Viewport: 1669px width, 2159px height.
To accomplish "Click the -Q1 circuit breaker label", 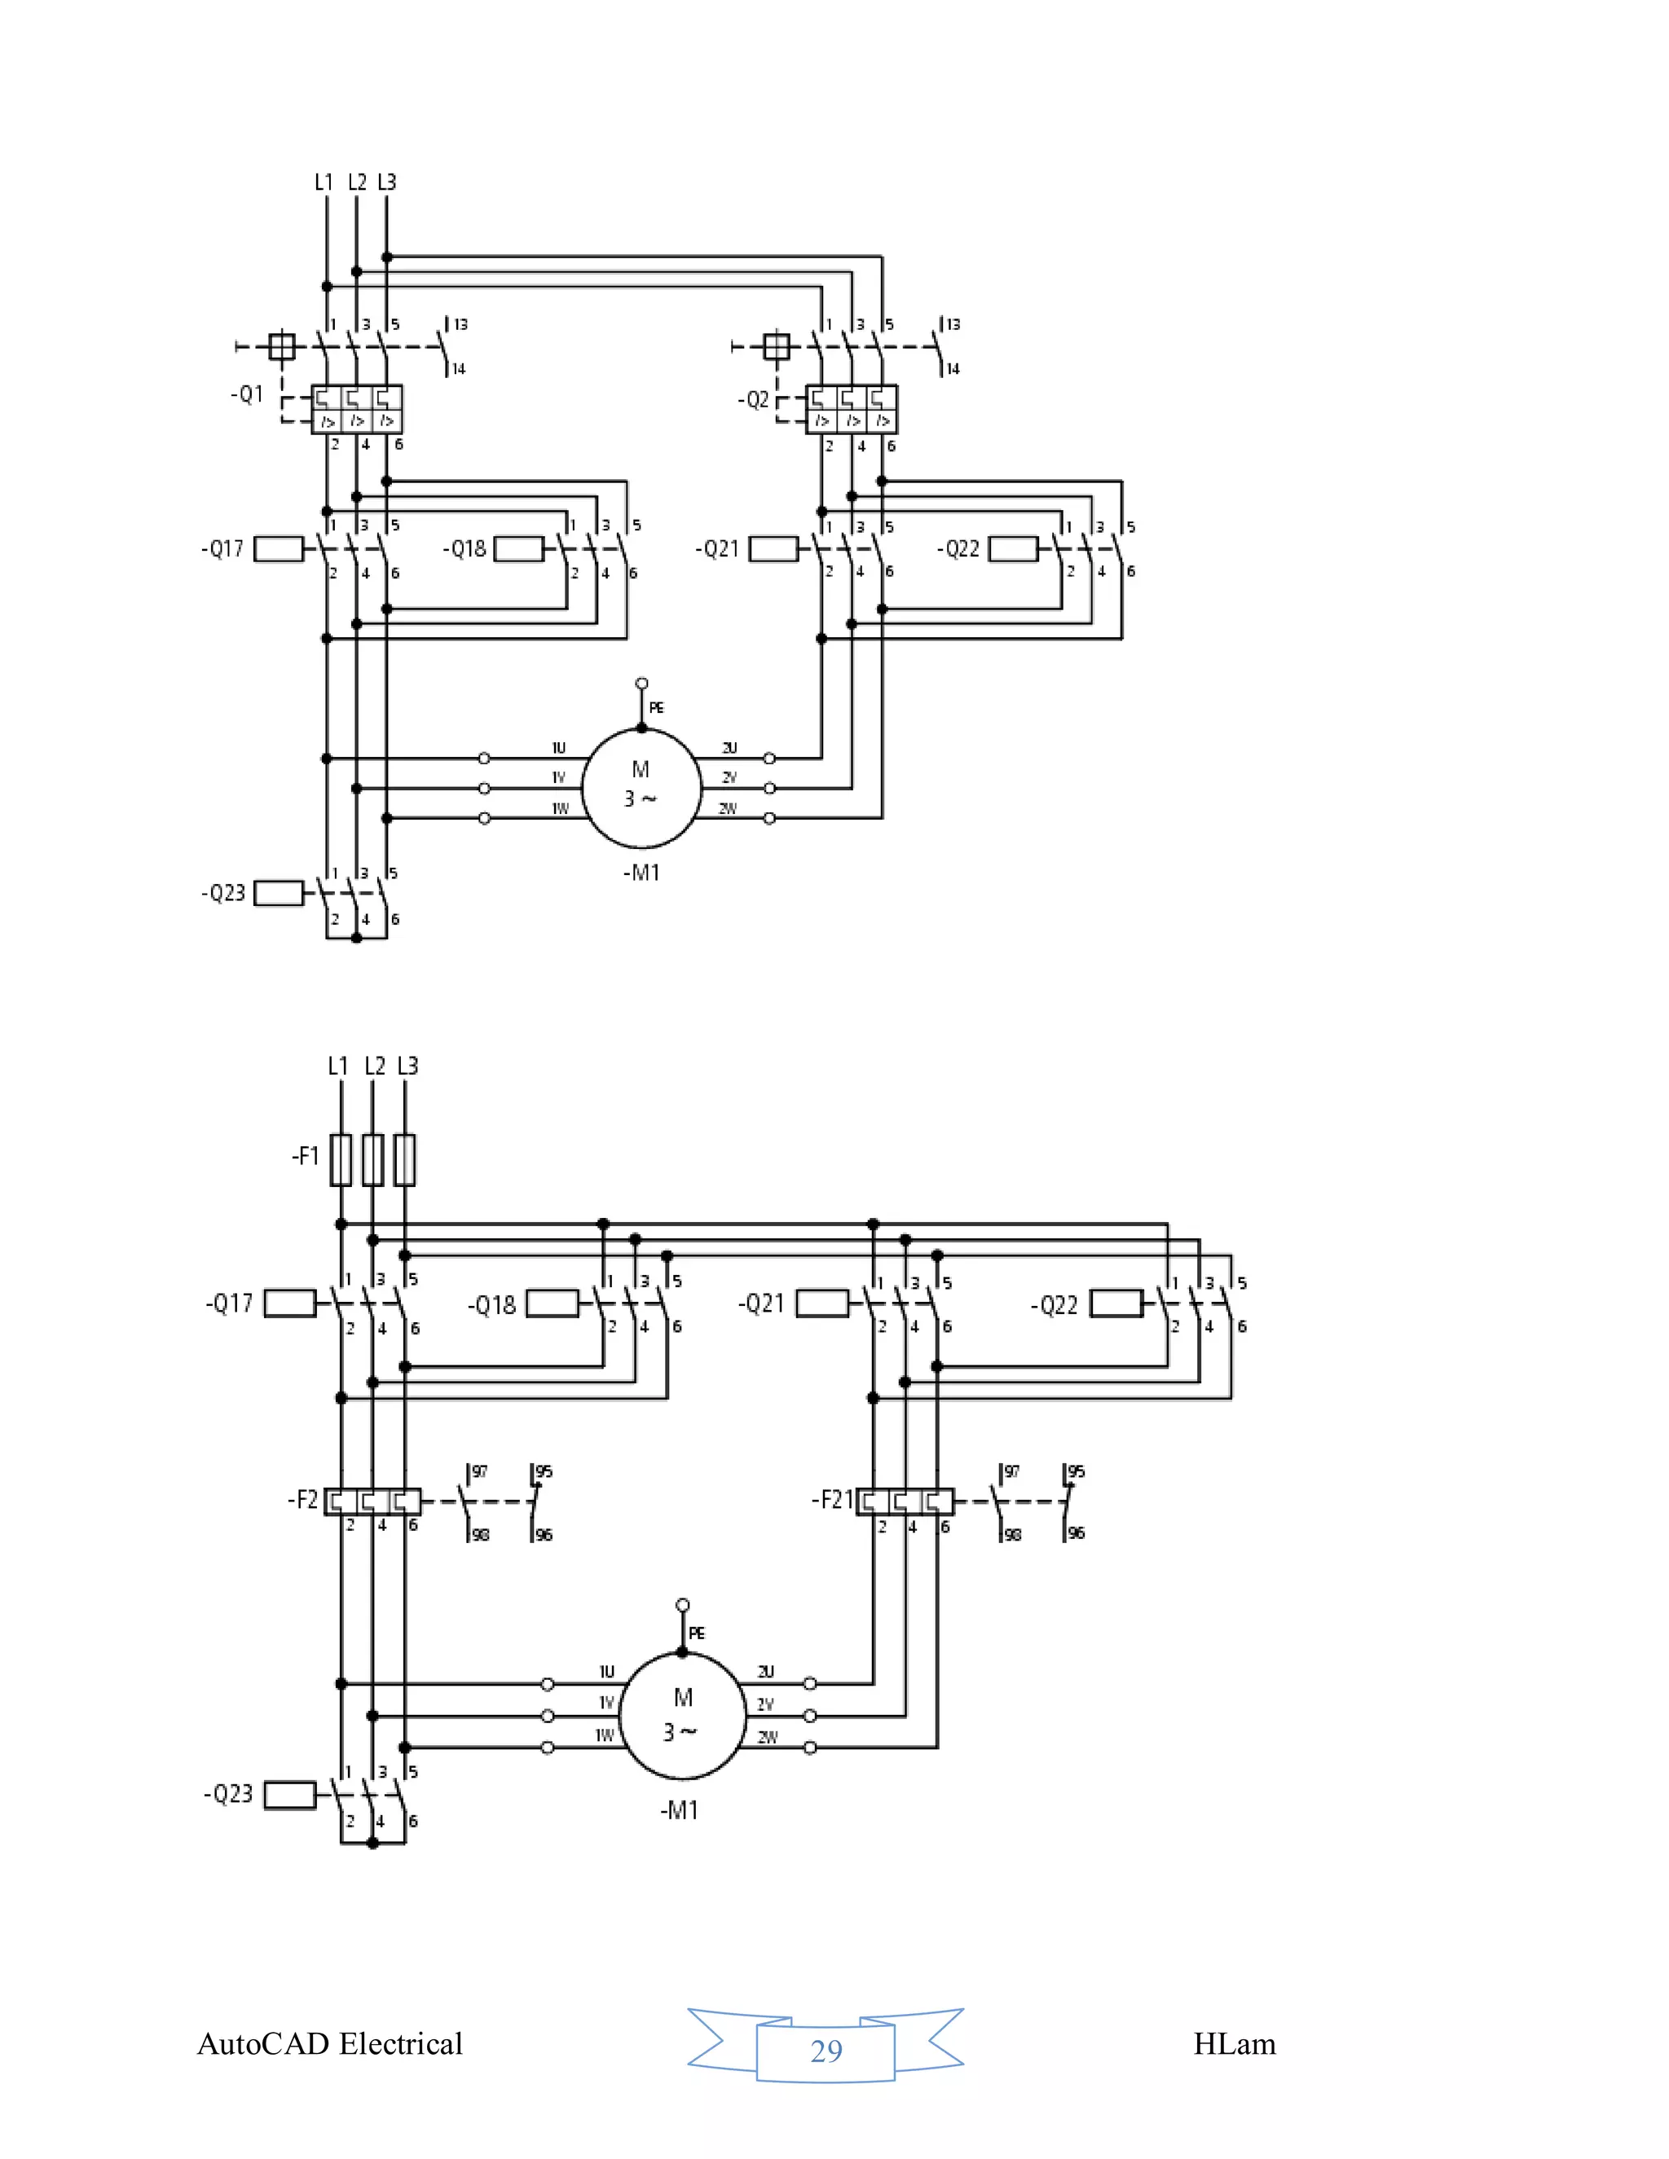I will (247, 394).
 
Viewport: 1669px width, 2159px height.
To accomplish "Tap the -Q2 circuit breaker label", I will (754, 399).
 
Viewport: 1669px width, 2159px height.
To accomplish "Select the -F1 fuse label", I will (306, 1155).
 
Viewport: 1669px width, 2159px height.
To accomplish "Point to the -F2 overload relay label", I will (302, 1500).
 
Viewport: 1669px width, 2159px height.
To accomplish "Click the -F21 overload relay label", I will (831, 1500).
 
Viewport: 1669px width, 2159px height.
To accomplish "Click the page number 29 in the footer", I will (826, 2051).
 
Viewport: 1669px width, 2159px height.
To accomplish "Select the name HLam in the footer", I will (1234, 2044).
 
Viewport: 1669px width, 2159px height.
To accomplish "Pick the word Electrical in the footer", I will (400, 2044).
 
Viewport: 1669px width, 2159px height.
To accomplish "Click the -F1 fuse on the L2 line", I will (372, 1159).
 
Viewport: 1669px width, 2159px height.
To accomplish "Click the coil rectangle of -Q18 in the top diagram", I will (519, 548).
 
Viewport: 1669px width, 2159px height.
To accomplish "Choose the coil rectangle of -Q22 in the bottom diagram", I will (1116, 1304).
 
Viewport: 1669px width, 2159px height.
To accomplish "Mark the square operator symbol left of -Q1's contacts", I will (282, 347).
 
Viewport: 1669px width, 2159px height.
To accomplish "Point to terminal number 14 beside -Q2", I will (953, 370).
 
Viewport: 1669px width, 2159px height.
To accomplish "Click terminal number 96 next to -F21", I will (1076, 1533).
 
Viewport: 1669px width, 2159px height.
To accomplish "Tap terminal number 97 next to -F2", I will (479, 1471).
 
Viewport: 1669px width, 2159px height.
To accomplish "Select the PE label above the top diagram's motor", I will (657, 708).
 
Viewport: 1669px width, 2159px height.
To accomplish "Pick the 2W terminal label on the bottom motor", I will (767, 1737).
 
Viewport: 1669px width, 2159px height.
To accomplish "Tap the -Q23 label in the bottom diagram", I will (228, 1793).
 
